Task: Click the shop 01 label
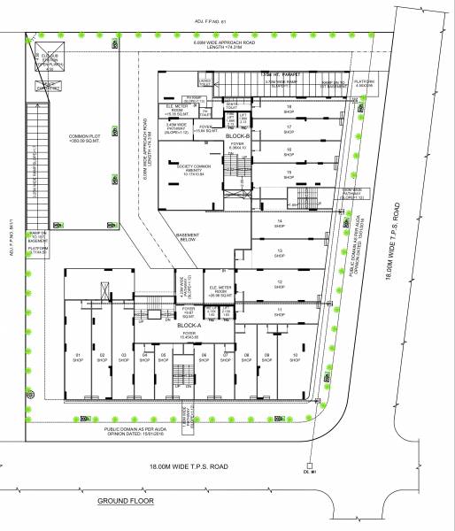point(77,358)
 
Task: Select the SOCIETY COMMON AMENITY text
point(190,170)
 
